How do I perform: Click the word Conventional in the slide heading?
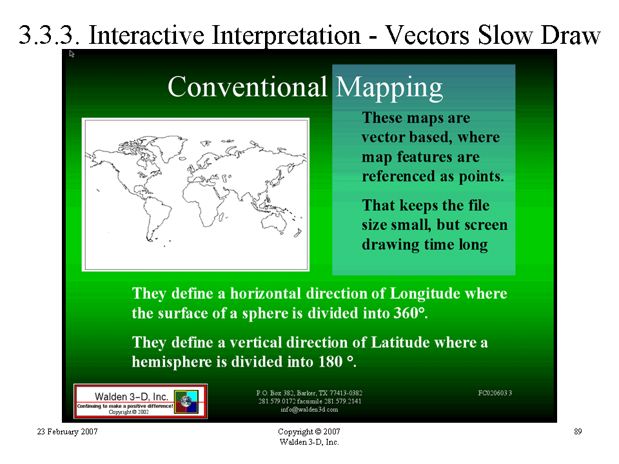coord(247,86)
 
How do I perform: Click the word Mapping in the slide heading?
coord(389,88)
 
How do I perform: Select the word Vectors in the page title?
coord(427,35)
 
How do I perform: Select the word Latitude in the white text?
coord(400,342)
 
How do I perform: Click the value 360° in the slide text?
coord(409,313)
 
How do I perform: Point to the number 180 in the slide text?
coord(331,362)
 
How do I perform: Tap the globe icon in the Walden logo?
coord(186,401)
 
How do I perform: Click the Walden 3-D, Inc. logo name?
coord(132,396)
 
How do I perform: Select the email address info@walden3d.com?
coord(309,410)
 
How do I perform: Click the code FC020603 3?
coord(495,393)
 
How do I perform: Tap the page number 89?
coord(578,432)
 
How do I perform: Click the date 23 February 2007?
coord(67,432)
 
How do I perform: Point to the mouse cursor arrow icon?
coord(72,53)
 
